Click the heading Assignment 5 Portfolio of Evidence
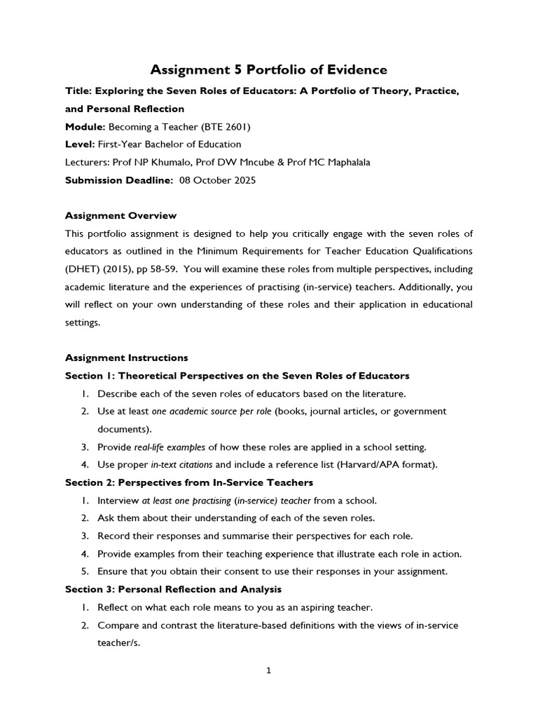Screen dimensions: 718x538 (269, 69)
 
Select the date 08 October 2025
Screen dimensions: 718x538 (218, 180)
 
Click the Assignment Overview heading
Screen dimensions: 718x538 (120, 215)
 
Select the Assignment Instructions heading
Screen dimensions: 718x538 (126, 358)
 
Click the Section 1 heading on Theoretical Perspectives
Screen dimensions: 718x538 (237, 376)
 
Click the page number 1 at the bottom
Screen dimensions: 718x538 (269, 670)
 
